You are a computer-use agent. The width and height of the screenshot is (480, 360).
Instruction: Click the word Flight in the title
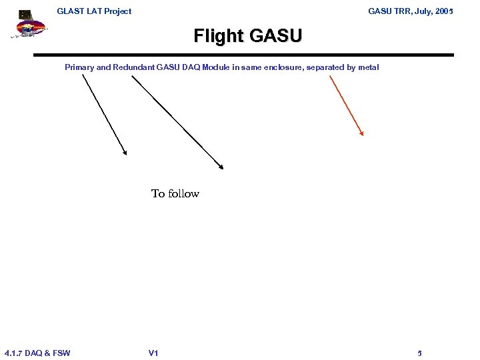(x=219, y=36)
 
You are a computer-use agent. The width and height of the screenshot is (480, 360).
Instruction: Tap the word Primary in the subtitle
(x=79, y=67)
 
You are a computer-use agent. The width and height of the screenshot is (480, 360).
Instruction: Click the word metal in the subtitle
(x=368, y=67)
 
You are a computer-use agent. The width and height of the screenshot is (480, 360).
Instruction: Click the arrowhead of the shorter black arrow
(x=125, y=153)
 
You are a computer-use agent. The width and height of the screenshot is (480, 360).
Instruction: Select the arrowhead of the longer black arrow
(x=222, y=167)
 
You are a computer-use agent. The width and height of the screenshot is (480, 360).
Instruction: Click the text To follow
(x=175, y=194)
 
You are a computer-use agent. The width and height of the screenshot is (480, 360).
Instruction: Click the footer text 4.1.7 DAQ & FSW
(x=37, y=353)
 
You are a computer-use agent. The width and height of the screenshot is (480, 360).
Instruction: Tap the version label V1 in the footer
(x=153, y=353)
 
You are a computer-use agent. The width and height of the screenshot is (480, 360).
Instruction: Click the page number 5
(x=419, y=353)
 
